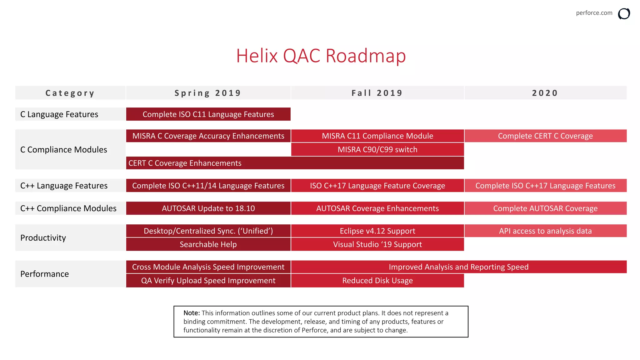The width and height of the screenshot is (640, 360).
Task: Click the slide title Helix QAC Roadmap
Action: tap(321, 56)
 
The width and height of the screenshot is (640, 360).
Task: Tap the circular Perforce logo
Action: tap(624, 14)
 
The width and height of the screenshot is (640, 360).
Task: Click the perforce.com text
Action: tap(594, 13)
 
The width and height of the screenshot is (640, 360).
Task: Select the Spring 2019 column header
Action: tap(208, 93)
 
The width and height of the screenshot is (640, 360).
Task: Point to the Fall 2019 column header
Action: tap(377, 93)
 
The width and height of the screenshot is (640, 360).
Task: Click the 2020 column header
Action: tap(545, 93)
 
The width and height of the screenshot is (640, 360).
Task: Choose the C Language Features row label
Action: tap(59, 114)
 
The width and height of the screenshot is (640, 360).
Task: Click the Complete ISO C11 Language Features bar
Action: tap(208, 114)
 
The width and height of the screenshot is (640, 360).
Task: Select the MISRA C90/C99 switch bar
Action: tap(377, 150)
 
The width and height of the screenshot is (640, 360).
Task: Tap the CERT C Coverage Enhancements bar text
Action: tap(185, 163)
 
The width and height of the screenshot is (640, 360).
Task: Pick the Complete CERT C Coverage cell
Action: tap(545, 136)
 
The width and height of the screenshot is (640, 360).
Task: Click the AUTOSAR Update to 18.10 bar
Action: tap(208, 208)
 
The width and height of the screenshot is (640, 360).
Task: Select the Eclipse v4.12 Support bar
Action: tap(377, 231)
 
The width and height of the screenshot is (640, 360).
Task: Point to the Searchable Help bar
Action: tap(208, 244)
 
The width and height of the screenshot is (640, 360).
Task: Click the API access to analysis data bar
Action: tap(545, 231)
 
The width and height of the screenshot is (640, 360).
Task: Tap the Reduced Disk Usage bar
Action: tap(377, 281)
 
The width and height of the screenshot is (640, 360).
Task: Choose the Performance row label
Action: tap(45, 274)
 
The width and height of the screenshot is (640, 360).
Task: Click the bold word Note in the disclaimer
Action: tap(191, 313)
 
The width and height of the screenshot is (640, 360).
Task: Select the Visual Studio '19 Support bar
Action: tap(377, 244)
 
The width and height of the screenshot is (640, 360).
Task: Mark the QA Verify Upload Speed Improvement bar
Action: tap(208, 281)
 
